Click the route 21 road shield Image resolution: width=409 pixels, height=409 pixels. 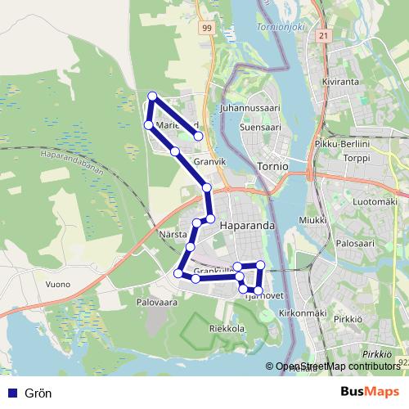[324, 36]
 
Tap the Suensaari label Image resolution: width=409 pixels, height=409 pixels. [260, 128]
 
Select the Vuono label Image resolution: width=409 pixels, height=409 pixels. [58, 284]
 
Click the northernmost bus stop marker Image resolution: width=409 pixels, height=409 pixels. [151, 97]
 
